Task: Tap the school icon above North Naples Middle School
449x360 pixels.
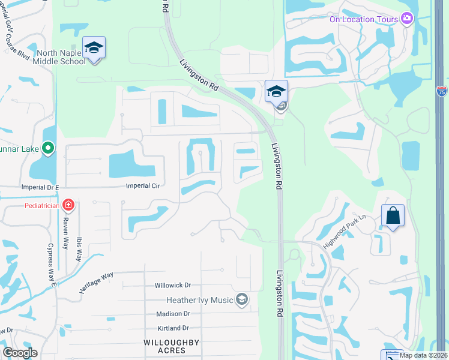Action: coord(94,47)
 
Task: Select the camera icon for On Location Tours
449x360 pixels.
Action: coord(408,19)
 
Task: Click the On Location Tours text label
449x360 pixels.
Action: coord(364,19)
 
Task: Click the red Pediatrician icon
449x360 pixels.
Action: coord(69,206)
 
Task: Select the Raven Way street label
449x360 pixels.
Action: coord(65,229)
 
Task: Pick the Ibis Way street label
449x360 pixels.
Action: coord(79,248)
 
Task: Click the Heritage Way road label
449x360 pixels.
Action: coord(96,283)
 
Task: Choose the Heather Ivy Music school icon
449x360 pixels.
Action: coord(242,299)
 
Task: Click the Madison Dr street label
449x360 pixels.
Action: coord(173,314)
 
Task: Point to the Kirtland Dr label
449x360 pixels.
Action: coord(172,328)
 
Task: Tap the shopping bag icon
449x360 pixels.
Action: coord(393,216)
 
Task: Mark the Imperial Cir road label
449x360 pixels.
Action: coord(142,186)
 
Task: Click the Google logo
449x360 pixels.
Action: coord(20,353)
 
